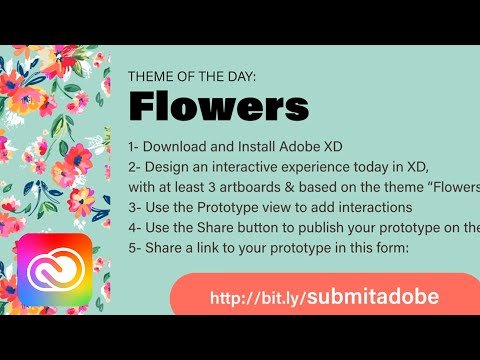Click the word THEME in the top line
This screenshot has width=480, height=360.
point(151,76)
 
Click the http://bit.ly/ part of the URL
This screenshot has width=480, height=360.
point(256,298)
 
